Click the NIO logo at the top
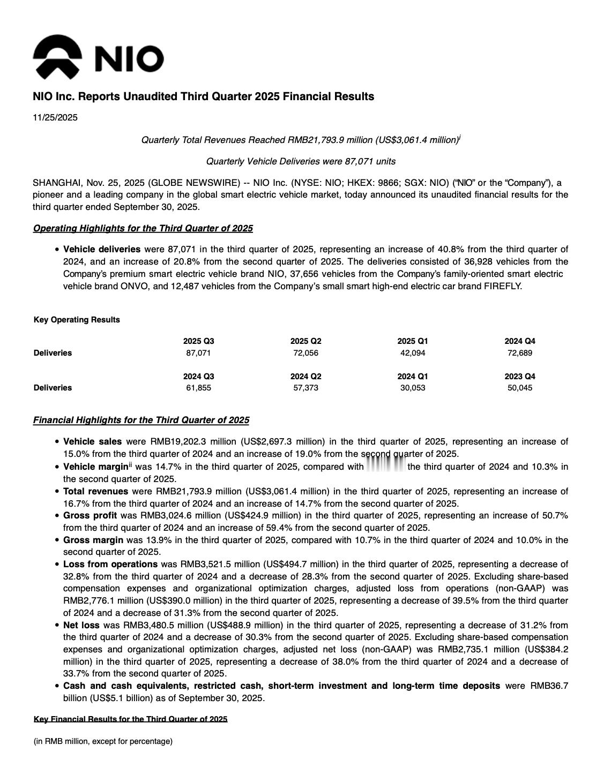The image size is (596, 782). tap(98, 57)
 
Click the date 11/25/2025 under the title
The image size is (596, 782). tap(55, 118)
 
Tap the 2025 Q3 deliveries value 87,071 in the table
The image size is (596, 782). tap(198, 353)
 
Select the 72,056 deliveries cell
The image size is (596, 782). tap(306, 353)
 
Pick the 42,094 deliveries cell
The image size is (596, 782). tap(413, 353)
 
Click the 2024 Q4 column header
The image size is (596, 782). tap(520, 341)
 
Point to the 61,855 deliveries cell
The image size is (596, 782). tap(198, 388)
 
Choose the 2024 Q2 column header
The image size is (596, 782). tap(306, 377)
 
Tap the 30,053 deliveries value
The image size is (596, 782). tap(413, 388)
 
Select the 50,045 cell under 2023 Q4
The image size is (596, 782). tap(520, 388)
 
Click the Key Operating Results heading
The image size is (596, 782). tap(77, 320)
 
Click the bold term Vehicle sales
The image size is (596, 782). tap(92, 442)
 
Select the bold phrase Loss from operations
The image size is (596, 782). tap(110, 565)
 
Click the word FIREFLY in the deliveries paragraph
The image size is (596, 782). tap(502, 286)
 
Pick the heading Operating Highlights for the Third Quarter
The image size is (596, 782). tap(143, 229)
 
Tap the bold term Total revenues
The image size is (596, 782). tap(95, 492)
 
